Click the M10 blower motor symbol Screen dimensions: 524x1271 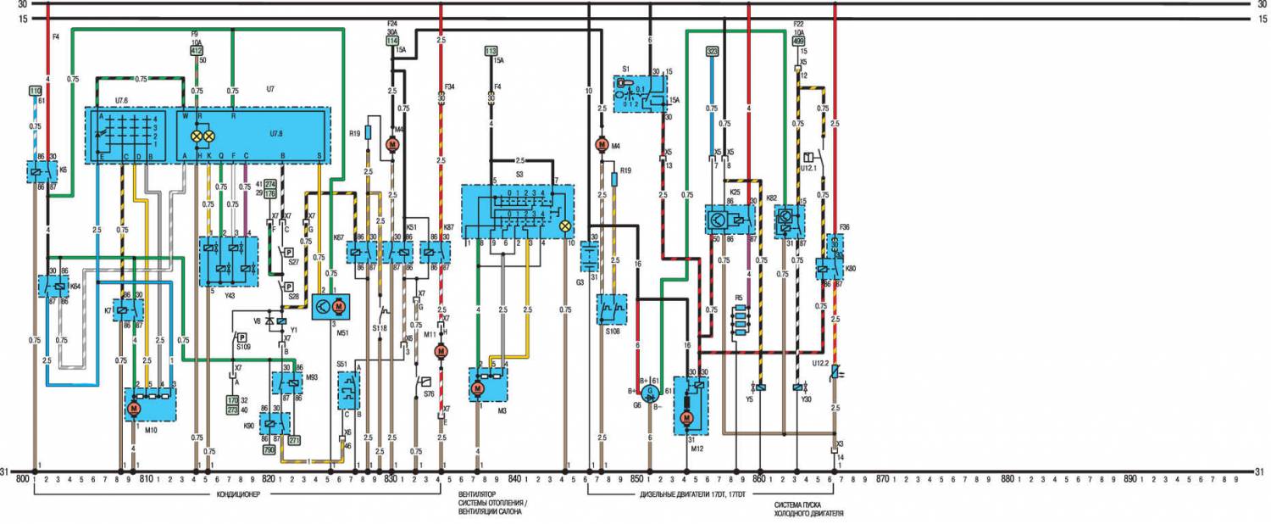[x=133, y=409]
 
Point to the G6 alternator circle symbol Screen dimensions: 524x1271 [x=651, y=393]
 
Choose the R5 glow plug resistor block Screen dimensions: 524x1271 [x=742, y=322]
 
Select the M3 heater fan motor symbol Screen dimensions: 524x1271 [x=476, y=388]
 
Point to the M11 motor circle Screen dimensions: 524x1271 [x=440, y=351]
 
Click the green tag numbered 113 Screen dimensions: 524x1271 [x=490, y=53]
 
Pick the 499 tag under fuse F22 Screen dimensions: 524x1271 [x=797, y=40]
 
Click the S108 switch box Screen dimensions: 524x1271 [x=611, y=310]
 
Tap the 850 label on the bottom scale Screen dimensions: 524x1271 [x=636, y=480]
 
